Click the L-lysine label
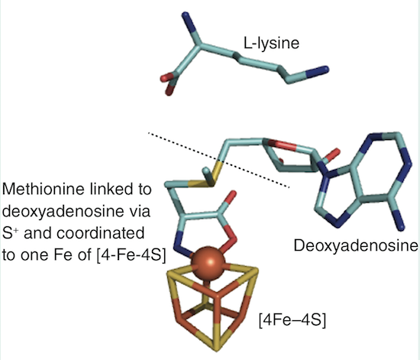tap(271, 43)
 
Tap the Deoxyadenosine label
tap(356, 245)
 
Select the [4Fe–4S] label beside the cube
tap(292, 320)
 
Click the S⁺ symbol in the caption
tap(11, 232)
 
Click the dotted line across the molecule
tap(218, 160)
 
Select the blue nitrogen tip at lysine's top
tap(186, 20)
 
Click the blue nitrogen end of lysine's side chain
tap(318, 70)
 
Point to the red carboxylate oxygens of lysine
tap(168, 83)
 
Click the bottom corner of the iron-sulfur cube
tap(216, 349)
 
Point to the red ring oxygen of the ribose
tap(284, 145)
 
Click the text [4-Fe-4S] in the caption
tap(131, 255)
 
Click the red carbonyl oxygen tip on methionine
tap(232, 195)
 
